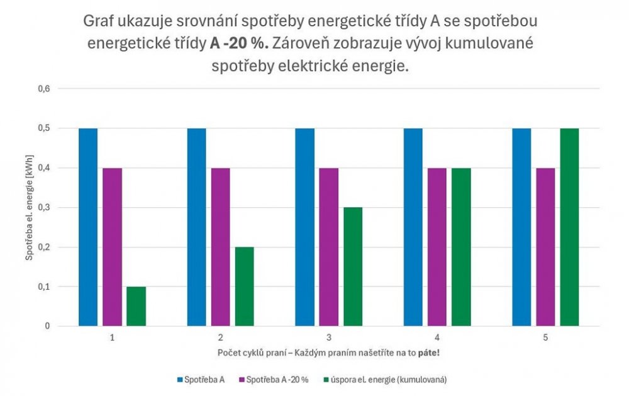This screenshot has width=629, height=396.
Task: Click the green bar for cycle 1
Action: point(136,307)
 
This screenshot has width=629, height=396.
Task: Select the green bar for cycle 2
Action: point(244,286)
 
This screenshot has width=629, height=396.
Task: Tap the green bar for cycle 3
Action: point(353,267)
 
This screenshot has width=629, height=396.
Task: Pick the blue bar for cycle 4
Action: point(413,227)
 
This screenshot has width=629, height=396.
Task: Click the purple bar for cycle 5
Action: point(545,247)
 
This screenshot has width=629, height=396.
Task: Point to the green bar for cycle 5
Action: point(569,227)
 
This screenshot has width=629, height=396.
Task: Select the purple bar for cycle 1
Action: point(112,247)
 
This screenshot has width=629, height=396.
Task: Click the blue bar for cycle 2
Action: point(196,227)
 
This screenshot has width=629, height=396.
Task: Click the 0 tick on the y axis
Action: point(47,326)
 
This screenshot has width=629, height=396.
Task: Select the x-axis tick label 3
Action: point(328,338)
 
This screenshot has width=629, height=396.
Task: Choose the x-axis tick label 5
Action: point(545,338)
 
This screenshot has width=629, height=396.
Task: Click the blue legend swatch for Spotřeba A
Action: point(180,380)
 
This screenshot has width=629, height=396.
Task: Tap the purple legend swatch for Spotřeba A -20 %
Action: point(242,380)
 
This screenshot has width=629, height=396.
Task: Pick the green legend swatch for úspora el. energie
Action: point(326,380)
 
